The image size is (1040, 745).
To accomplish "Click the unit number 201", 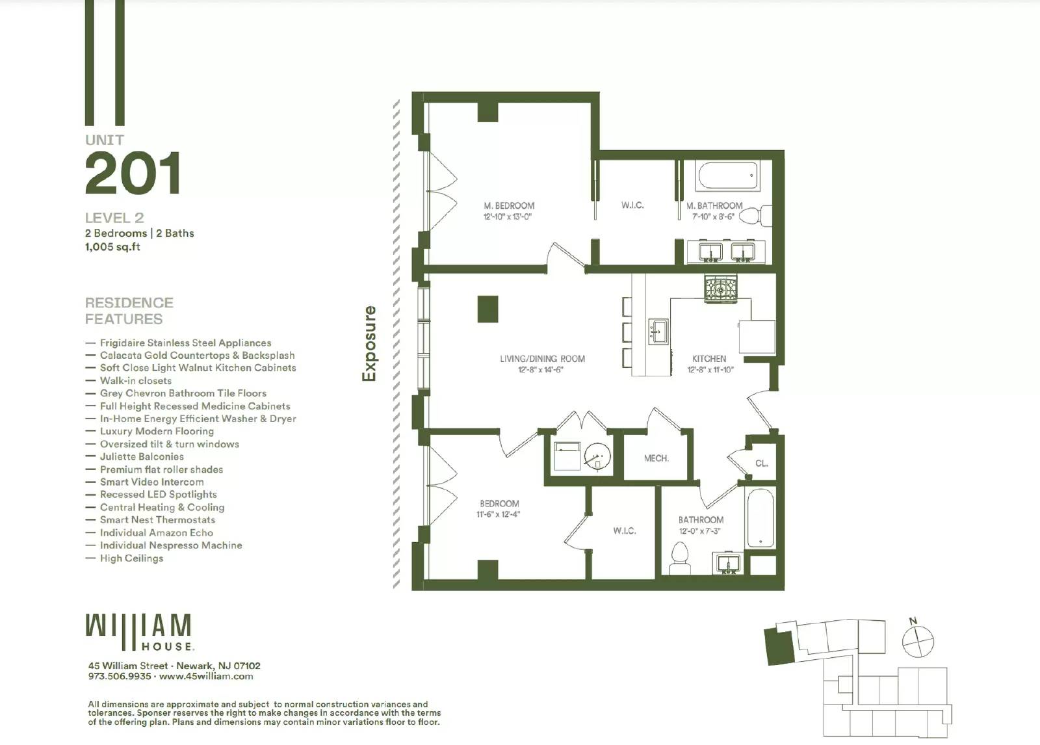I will click(x=133, y=174).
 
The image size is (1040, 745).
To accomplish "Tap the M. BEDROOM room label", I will click(x=509, y=205).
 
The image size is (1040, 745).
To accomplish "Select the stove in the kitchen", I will click(x=721, y=288).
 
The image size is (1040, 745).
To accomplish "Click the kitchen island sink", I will click(x=658, y=332).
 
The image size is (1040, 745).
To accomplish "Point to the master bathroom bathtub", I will click(x=727, y=176).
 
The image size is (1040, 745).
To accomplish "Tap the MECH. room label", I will click(x=656, y=458).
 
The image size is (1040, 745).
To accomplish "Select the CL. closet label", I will click(x=761, y=464).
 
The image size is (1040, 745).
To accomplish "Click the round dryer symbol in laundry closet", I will click(x=597, y=458).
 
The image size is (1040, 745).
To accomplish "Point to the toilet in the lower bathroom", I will click(x=679, y=558).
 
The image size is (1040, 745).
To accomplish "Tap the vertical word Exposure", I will click(x=369, y=343).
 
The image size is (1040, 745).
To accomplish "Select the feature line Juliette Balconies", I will click(x=142, y=456).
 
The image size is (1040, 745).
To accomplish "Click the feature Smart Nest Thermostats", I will click(x=157, y=519).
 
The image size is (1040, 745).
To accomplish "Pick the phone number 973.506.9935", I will click(x=120, y=676).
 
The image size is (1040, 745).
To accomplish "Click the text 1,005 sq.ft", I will click(x=112, y=246).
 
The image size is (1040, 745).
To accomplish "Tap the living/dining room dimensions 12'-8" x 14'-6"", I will click(x=540, y=369).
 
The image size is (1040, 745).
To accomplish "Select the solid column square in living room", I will click(x=487, y=309).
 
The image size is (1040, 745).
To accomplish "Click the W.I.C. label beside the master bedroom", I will click(x=632, y=205).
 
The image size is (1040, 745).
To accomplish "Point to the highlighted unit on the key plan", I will click(x=777, y=646).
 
